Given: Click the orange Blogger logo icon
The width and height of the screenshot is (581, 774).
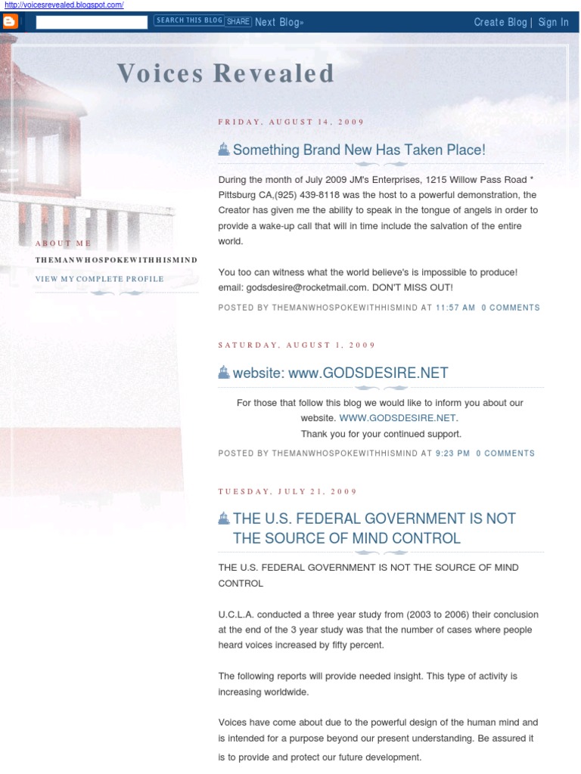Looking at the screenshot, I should click(x=11, y=22).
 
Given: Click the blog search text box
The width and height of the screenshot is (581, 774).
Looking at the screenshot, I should click(x=92, y=22).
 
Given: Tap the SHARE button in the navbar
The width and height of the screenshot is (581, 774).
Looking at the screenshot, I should click(x=238, y=21).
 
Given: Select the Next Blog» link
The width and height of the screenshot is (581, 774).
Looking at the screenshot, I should click(x=279, y=22).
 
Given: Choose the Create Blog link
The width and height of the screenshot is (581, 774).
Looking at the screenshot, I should click(x=500, y=22).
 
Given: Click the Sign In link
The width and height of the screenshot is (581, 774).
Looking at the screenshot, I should click(x=553, y=22).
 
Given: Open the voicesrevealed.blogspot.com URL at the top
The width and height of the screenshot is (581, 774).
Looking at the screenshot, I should click(x=64, y=5).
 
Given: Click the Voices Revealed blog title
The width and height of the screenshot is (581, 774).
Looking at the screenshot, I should click(x=225, y=73).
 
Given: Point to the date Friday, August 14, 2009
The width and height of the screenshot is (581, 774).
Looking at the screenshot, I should click(x=291, y=122).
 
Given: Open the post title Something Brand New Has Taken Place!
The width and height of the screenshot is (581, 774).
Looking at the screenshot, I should click(x=359, y=150).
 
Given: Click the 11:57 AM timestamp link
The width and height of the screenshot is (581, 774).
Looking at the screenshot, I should click(x=455, y=308).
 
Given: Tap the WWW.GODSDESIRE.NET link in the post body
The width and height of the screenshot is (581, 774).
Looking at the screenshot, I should click(x=398, y=418).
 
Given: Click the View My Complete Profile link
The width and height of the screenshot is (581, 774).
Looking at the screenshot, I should click(x=99, y=279).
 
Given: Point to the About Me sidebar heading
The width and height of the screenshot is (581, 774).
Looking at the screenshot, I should click(x=63, y=243).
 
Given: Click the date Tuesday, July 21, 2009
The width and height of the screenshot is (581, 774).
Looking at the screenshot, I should click(x=287, y=491).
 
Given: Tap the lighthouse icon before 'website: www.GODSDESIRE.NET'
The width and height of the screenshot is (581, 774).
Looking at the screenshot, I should click(x=223, y=372).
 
